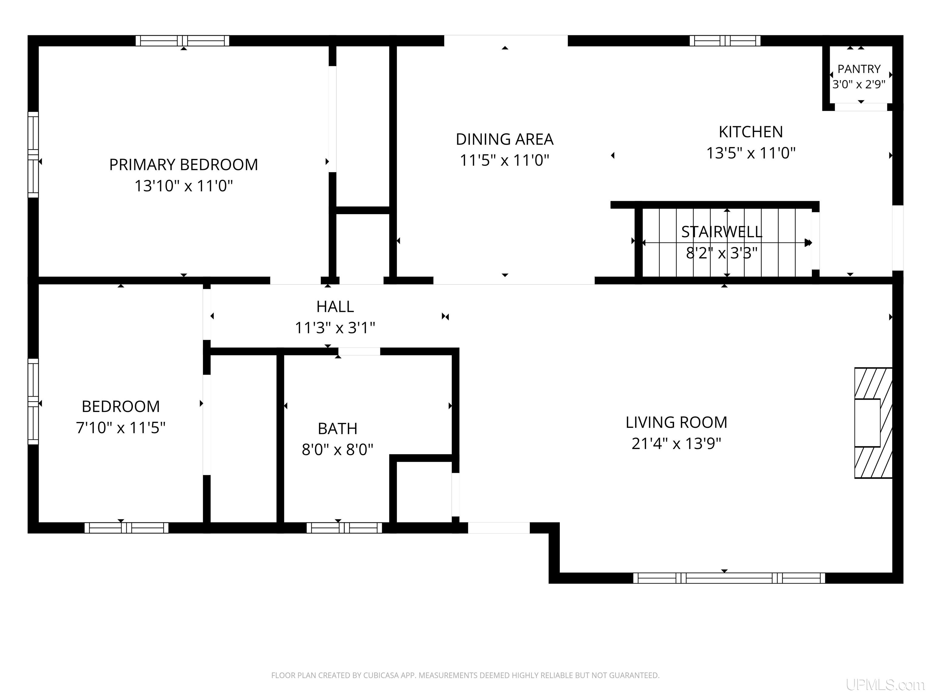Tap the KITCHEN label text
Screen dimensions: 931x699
pyautogui.click(x=751, y=132)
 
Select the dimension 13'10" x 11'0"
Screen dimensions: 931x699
pyautogui.click(x=184, y=186)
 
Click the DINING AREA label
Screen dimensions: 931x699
pyautogui.click(x=505, y=139)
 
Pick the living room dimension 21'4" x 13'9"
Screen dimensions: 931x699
pyautogui.click(x=676, y=444)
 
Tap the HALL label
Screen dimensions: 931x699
pyautogui.click(x=335, y=306)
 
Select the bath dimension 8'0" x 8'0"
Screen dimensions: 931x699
pyautogui.click(x=338, y=450)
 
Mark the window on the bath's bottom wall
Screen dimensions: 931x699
pyautogui.click(x=344, y=528)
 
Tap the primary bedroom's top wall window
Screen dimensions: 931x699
pyautogui.click(x=182, y=40)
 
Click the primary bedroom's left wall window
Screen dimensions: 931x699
pyautogui.click(x=33, y=155)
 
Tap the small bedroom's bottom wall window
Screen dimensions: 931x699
pyautogui.click(x=127, y=528)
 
